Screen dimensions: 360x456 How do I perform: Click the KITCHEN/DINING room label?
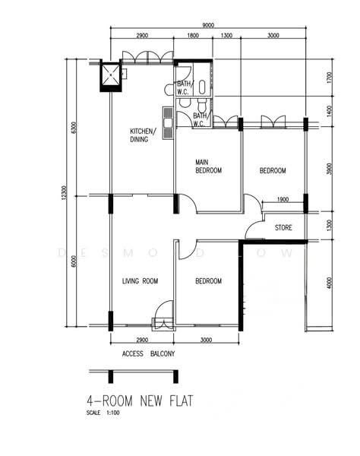tap(142, 135)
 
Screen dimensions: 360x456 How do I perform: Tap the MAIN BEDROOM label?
tap(208, 166)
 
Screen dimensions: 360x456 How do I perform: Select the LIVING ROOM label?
tap(140, 281)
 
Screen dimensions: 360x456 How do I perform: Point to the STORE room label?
tap(283, 227)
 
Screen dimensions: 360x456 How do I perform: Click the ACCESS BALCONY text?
tap(148, 353)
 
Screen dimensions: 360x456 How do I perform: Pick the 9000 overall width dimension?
tap(208, 25)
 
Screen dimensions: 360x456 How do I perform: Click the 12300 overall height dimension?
tap(65, 192)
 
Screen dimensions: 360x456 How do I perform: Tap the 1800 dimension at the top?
tap(193, 36)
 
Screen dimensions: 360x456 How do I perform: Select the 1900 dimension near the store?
tap(283, 199)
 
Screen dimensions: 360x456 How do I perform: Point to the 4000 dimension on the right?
tap(329, 283)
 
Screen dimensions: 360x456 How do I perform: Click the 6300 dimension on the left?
tap(74, 128)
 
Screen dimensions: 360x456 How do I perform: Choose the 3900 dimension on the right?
tap(329, 169)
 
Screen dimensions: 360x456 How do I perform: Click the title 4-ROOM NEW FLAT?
tap(140, 401)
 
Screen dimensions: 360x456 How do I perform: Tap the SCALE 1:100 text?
tap(103, 413)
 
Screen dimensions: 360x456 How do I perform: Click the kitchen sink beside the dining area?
tap(169, 122)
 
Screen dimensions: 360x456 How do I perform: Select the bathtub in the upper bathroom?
tap(202, 87)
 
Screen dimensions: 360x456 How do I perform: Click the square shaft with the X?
tap(110, 75)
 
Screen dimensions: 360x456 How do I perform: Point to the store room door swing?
tap(254, 230)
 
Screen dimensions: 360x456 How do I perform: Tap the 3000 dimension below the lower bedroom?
tap(206, 340)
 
